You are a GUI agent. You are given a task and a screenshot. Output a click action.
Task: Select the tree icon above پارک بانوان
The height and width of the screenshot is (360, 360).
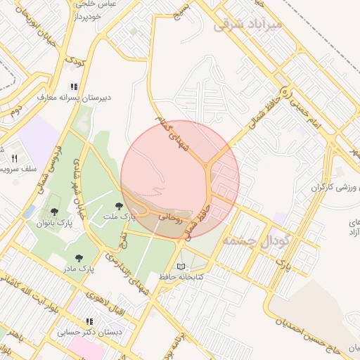pyautogui.click(x=56, y=211)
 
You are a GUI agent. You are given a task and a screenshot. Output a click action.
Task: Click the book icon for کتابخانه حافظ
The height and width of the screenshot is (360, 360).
pyautogui.click(x=182, y=266)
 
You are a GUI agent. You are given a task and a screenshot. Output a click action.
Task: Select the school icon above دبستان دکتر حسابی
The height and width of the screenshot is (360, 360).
pyautogui.click(x=89, y=321)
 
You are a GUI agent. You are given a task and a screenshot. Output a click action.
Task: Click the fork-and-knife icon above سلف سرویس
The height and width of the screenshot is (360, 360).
pyautogui.click(x=14, y=157)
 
